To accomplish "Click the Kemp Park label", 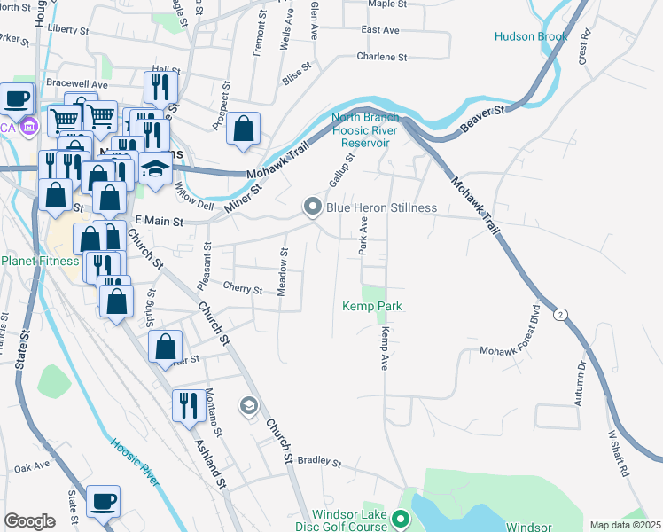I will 373,307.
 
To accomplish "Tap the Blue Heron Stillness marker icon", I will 312,207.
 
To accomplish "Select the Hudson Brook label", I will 531,36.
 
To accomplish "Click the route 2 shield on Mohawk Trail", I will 560,315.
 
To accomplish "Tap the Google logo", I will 29,521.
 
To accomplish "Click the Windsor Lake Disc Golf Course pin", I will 400,519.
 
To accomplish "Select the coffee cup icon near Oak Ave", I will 105,501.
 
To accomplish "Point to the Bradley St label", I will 319,461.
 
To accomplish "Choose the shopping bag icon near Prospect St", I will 243,129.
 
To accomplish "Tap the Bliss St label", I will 297,71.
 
